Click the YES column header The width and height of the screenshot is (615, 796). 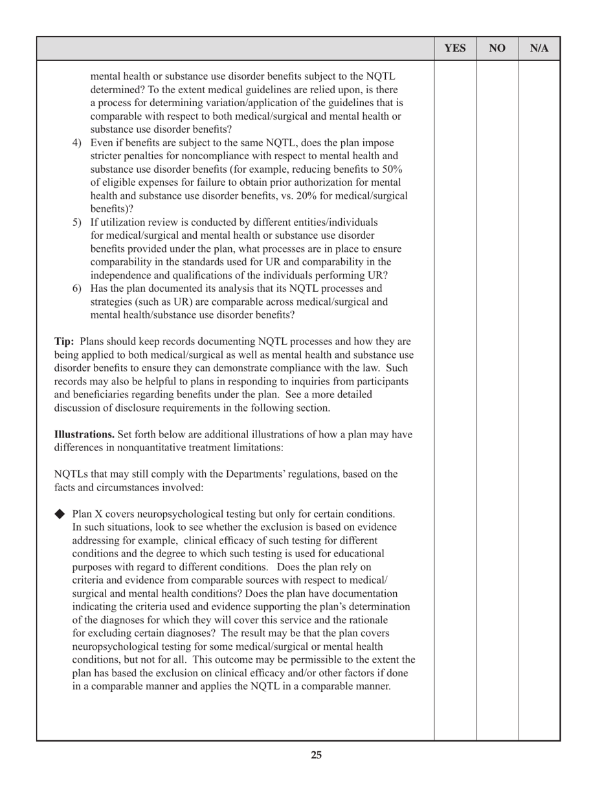point(455,49)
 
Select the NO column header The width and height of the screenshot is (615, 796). point(497,49)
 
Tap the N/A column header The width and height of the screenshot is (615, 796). point(539,49)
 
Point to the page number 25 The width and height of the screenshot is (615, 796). point(316,755)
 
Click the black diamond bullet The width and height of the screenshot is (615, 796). point(61,514)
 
